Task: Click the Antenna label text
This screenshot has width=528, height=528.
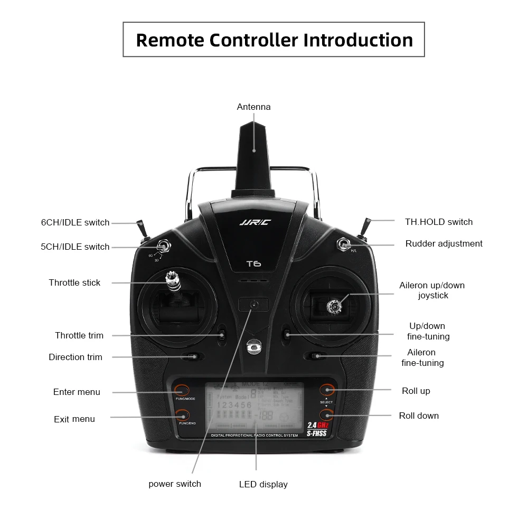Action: coord(253,107)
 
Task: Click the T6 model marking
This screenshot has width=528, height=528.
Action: coord(253,264)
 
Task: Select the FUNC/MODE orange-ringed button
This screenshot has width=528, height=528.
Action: coord(182,391)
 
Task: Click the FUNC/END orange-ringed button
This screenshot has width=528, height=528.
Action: coord(182,415)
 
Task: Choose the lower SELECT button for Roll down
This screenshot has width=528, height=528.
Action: coord(327,415)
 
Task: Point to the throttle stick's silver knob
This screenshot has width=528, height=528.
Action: coord(171,277)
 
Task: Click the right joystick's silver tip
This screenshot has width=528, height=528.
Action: coord(334,305)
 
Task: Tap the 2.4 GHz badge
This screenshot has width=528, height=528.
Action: coord(317,425)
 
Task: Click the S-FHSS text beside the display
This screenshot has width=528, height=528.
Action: coord(317,433)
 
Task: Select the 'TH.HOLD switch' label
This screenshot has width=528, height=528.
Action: coord(439,222)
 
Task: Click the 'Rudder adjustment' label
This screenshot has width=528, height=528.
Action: coord(444,244)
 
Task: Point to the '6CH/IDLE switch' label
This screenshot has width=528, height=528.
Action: coord(76,223)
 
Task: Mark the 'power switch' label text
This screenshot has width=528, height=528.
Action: coord(175,484)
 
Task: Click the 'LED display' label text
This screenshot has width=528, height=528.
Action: coord(263,484)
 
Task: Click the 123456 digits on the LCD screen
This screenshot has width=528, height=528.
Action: coord(234,406)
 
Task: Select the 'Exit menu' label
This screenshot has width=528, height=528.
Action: coord(74,419)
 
